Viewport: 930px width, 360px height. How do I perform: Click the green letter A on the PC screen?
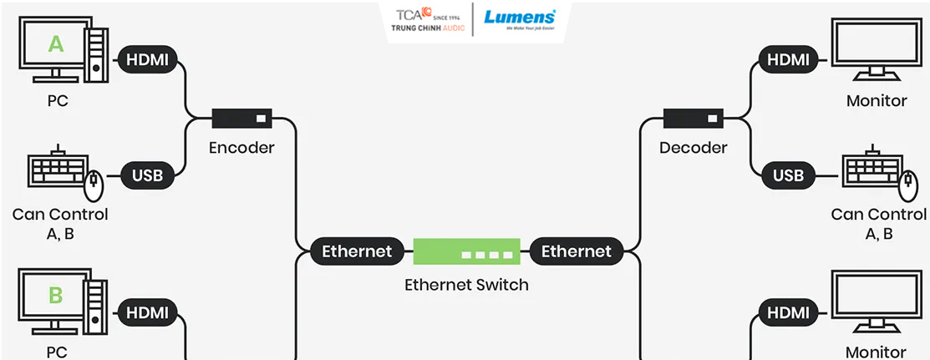pos(55,43)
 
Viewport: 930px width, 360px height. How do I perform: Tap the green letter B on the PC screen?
pos(55,295)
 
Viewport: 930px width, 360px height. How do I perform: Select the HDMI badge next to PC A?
pos(147,59)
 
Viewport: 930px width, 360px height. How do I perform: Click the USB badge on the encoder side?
pos(147,175)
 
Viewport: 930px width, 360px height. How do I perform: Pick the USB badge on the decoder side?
pos(788,175)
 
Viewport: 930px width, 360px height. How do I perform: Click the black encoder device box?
pos(241,119)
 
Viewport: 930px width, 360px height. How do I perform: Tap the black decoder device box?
pos(693,119)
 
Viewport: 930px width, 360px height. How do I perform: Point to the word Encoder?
pos(242,148)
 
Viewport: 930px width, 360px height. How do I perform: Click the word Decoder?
pos(693,148)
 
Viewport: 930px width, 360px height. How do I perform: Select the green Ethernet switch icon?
pos(466,251)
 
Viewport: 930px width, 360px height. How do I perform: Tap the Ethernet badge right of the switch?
pos(577,251)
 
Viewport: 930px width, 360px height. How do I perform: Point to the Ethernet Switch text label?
pos(466,285)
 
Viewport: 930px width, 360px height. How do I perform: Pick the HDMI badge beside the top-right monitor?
pos(788,59)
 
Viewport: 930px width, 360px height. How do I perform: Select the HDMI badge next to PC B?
pos(147,312)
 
